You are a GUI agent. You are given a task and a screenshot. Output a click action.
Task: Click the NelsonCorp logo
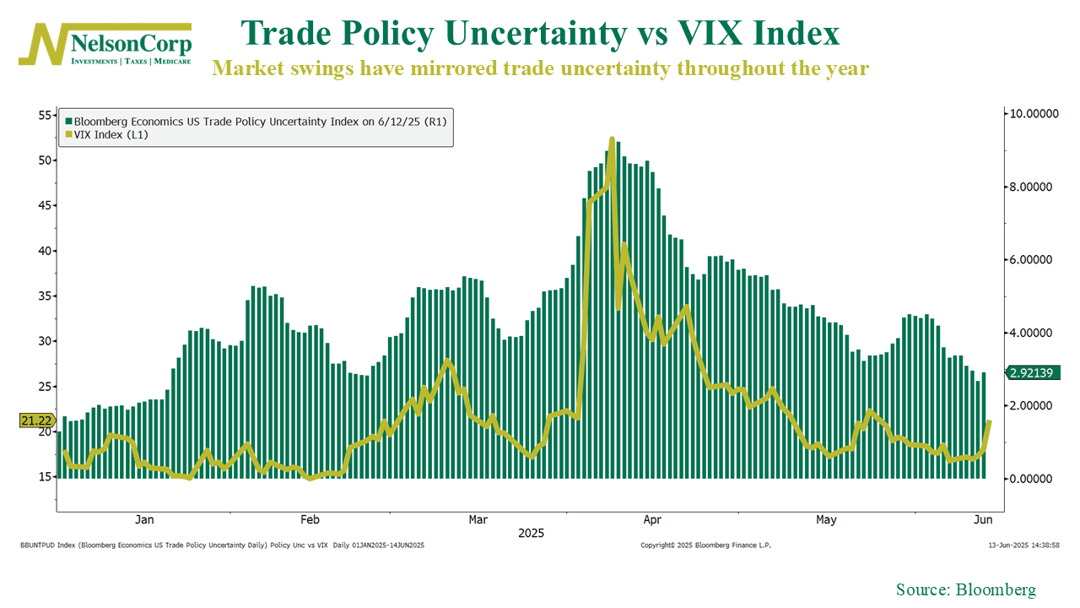coord(105,44)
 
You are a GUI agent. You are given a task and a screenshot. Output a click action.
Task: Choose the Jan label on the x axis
coord(144,519)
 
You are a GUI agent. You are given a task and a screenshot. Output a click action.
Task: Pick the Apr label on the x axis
coord(651,519)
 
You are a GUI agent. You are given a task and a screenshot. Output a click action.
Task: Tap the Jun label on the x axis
coord(983,519)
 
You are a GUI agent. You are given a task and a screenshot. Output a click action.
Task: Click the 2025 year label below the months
coord(532,534)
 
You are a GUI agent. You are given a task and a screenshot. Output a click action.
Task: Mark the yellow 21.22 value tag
coord(35,420)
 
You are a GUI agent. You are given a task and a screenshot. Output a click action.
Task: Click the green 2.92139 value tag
coord(1031,372)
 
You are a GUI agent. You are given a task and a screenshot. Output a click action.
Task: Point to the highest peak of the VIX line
coord(612,138)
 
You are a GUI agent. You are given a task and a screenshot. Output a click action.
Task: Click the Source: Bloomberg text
coord(965,590)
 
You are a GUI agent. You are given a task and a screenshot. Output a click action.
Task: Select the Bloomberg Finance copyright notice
coord(705,546)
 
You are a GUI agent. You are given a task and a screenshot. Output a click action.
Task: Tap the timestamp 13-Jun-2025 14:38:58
coord(1023,546)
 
